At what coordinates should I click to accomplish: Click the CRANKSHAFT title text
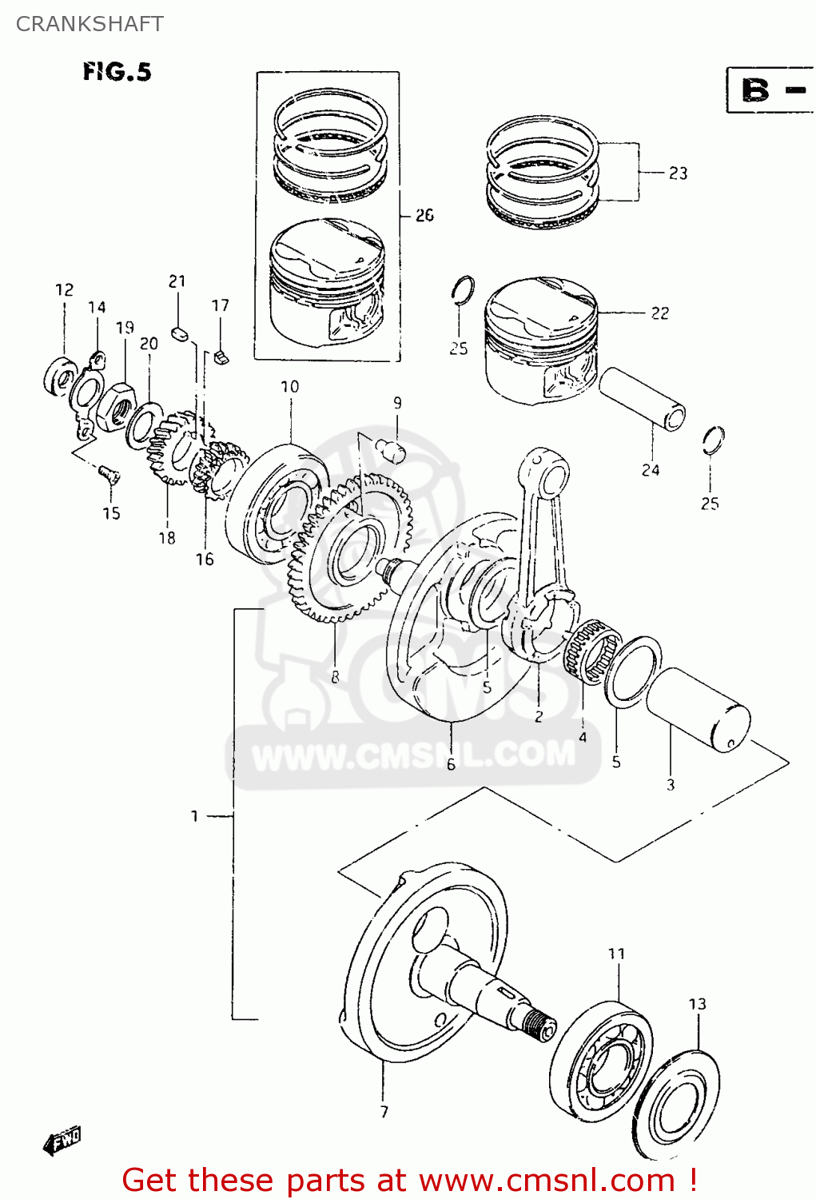click(90, 24)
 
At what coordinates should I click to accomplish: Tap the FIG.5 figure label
click(117, 72)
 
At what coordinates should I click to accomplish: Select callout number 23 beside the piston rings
click(678, 173)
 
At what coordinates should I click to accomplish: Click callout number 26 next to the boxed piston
click(424, 215)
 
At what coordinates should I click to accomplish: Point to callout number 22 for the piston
click(659, 313)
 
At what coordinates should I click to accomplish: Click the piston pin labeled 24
click(643, 398)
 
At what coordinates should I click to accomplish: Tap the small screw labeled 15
click(109, 476)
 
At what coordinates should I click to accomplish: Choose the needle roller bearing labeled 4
click(592, 651)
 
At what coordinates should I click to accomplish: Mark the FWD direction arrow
click(62, 1141)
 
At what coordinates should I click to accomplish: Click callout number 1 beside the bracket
click(194, 816)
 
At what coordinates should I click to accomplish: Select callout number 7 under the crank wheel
click(384, 1112)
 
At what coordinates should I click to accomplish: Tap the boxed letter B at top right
click(755, 90)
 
